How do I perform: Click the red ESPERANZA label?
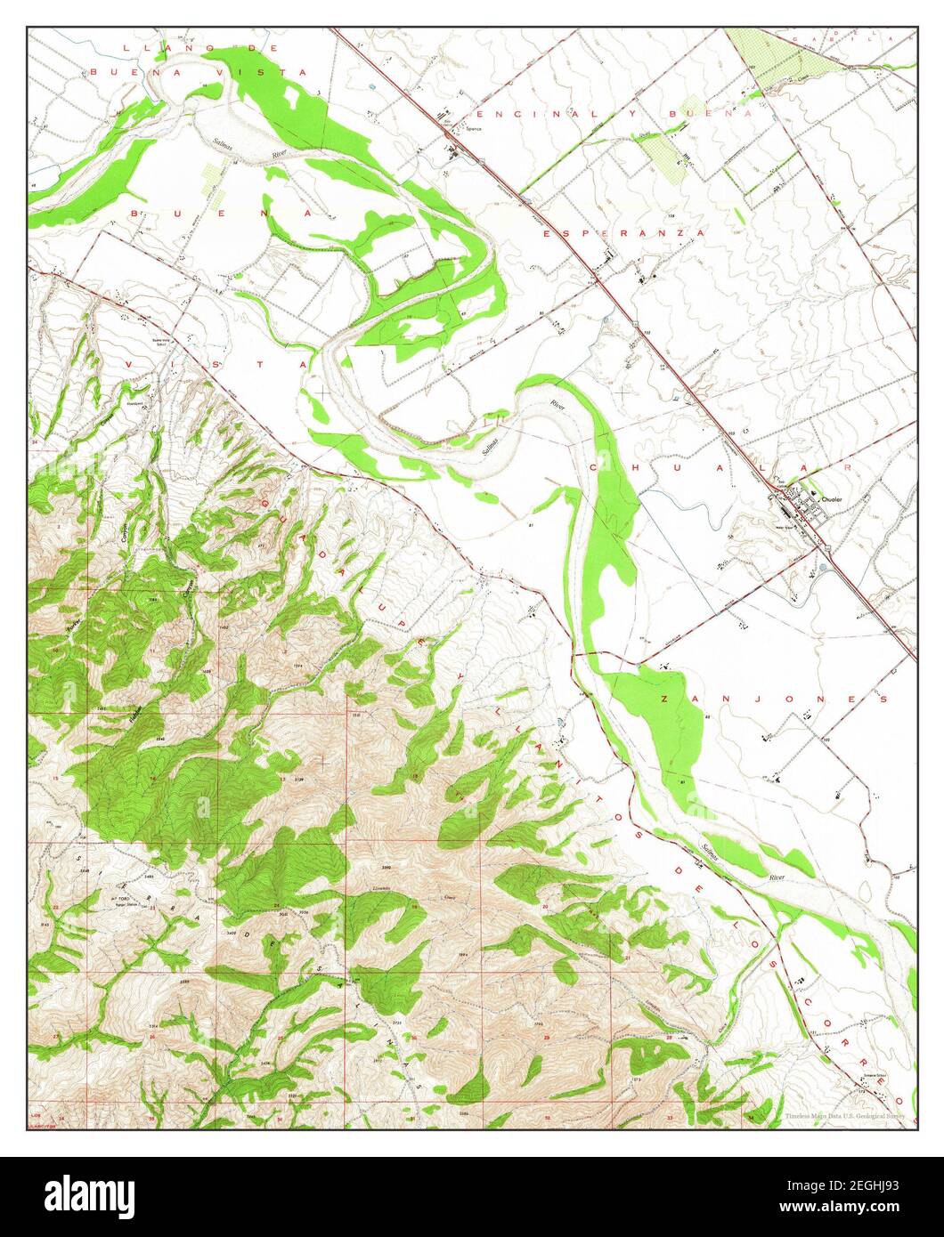(623, 232)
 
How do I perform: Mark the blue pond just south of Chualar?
(830, 566)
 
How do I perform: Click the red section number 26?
(153, 1036)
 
